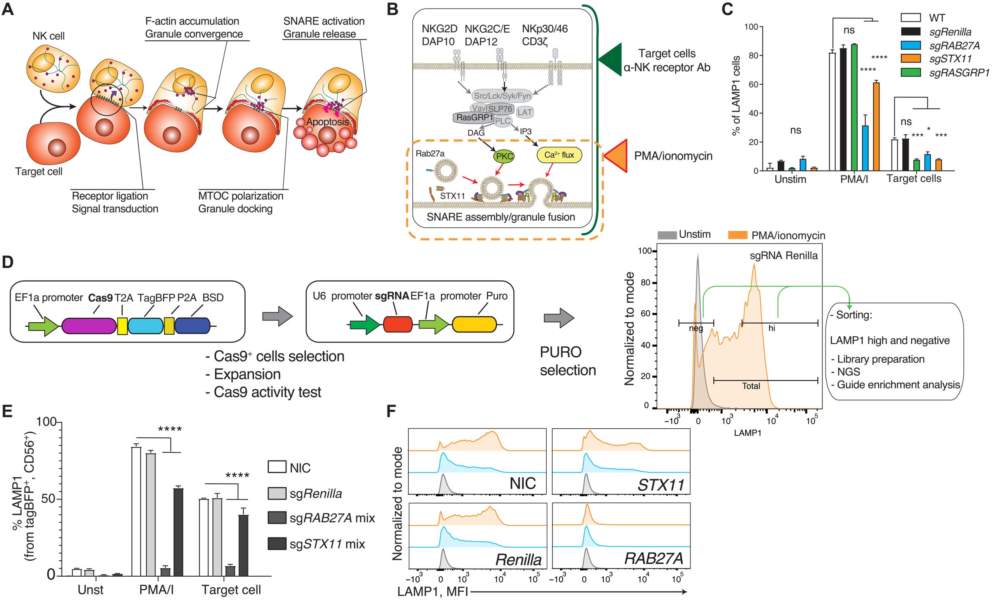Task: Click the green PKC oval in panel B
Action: (504, 156)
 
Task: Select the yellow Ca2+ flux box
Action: (559, 155)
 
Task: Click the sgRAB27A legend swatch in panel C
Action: (911, 45)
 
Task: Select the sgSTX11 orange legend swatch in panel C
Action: (911, 59)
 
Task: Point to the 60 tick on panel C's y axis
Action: (761, 84)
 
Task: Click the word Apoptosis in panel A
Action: (327, 122)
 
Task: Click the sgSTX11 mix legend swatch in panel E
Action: (277, 544)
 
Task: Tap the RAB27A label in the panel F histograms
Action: (653, 558)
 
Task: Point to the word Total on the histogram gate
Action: (751, 386)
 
